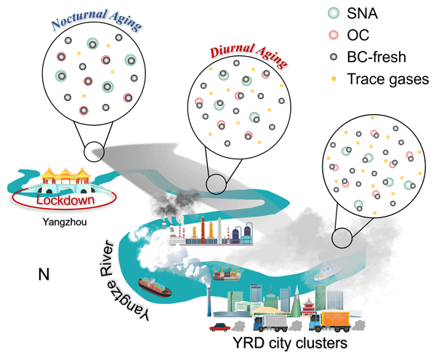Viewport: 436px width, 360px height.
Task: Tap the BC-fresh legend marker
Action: point(312,57)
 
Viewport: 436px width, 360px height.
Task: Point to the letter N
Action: point(44,274)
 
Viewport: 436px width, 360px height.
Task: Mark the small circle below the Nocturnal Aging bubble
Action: point(95,151)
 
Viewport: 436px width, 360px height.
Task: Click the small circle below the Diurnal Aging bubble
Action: point(216,184)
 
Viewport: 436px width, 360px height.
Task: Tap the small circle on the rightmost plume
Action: point(341,237)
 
